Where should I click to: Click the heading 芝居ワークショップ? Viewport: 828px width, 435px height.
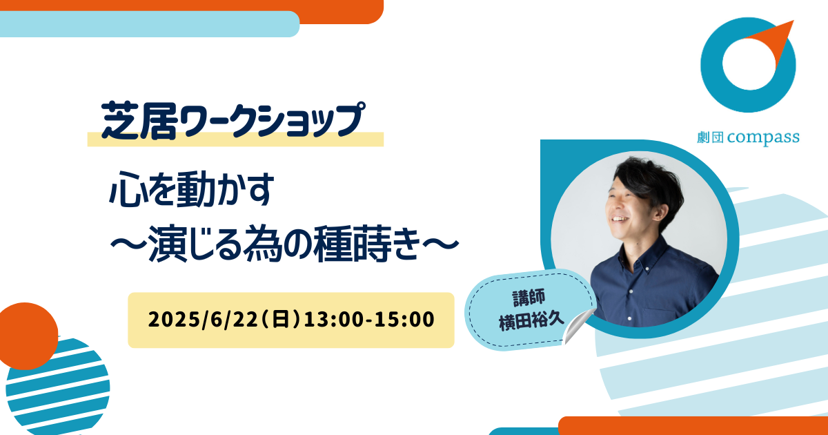coord(233,121)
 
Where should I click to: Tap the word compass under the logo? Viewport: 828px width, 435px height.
coord(763,137)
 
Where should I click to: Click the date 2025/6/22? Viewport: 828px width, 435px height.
coord(203,320)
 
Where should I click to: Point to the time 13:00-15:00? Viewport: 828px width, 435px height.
coord(369,320)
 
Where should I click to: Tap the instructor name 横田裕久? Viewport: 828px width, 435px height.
coord(531,321)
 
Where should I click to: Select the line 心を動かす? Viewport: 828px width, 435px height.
coord(192,188)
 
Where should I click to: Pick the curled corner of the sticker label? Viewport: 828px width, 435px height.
coord(578,326)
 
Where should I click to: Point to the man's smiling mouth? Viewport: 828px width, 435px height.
coord(620,220)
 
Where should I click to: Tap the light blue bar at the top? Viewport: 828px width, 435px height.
coord(149,24)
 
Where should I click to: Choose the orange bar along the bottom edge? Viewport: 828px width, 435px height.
coord(693,426)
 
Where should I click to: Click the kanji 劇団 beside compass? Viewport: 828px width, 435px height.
coord(710,137)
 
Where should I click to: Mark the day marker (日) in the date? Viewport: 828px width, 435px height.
coord(281,320)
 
